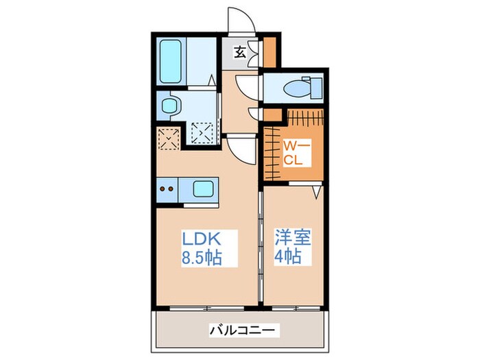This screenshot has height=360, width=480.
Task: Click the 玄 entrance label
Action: (241, 51)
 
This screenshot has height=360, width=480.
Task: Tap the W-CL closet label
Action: (298, 154)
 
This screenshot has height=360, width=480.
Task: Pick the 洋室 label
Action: (294, 239)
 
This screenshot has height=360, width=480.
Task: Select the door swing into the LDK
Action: (239, 147)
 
